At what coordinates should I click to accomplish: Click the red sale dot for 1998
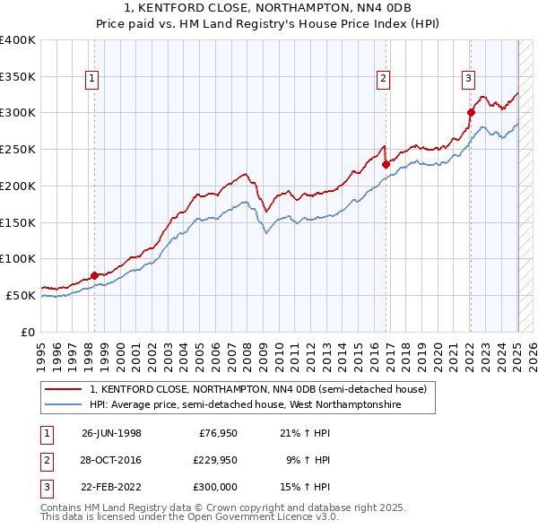pos(94,275)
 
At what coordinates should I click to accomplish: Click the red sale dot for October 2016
pos(386,164)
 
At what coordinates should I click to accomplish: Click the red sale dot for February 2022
pos(470,112)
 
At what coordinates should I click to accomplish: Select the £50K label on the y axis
pos(22,295)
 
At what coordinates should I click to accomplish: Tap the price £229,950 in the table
pos(214,460)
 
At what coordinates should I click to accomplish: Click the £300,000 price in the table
pos(214,487)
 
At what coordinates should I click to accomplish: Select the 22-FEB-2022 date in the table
pos(111,487)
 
